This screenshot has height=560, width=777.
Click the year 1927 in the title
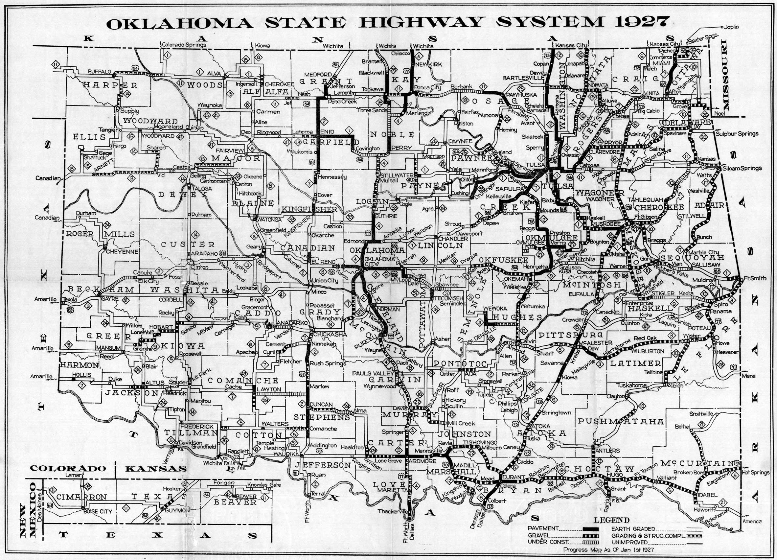[642, 22]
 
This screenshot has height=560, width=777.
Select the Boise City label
[98, 511]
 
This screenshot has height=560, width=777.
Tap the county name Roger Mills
[100, 234]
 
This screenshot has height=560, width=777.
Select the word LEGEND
[611, 520]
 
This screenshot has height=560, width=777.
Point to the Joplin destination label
[732, 27]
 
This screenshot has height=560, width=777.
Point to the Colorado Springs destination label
[184, 45]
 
